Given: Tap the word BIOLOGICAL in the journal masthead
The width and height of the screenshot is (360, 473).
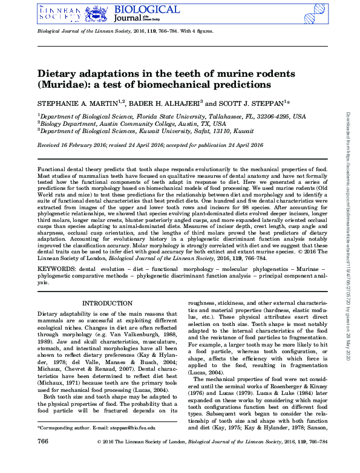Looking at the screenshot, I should tap(146, 9).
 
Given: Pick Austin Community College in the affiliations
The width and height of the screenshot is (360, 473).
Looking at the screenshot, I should tap(133, 123).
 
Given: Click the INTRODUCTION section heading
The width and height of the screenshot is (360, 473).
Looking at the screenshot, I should tap(107, 303).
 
